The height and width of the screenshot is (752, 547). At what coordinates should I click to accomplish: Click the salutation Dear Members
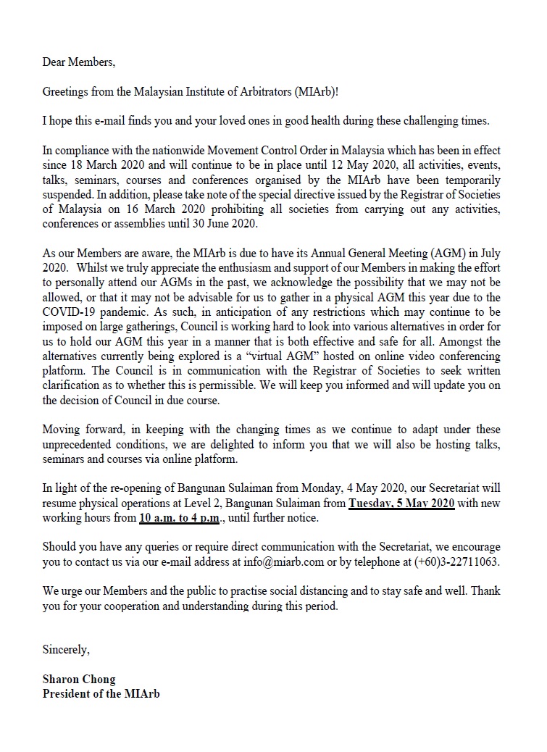coord(78,62)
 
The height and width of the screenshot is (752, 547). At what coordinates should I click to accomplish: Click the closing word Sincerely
coord(66,649)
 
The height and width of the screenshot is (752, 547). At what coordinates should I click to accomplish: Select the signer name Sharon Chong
coord(76,680)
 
